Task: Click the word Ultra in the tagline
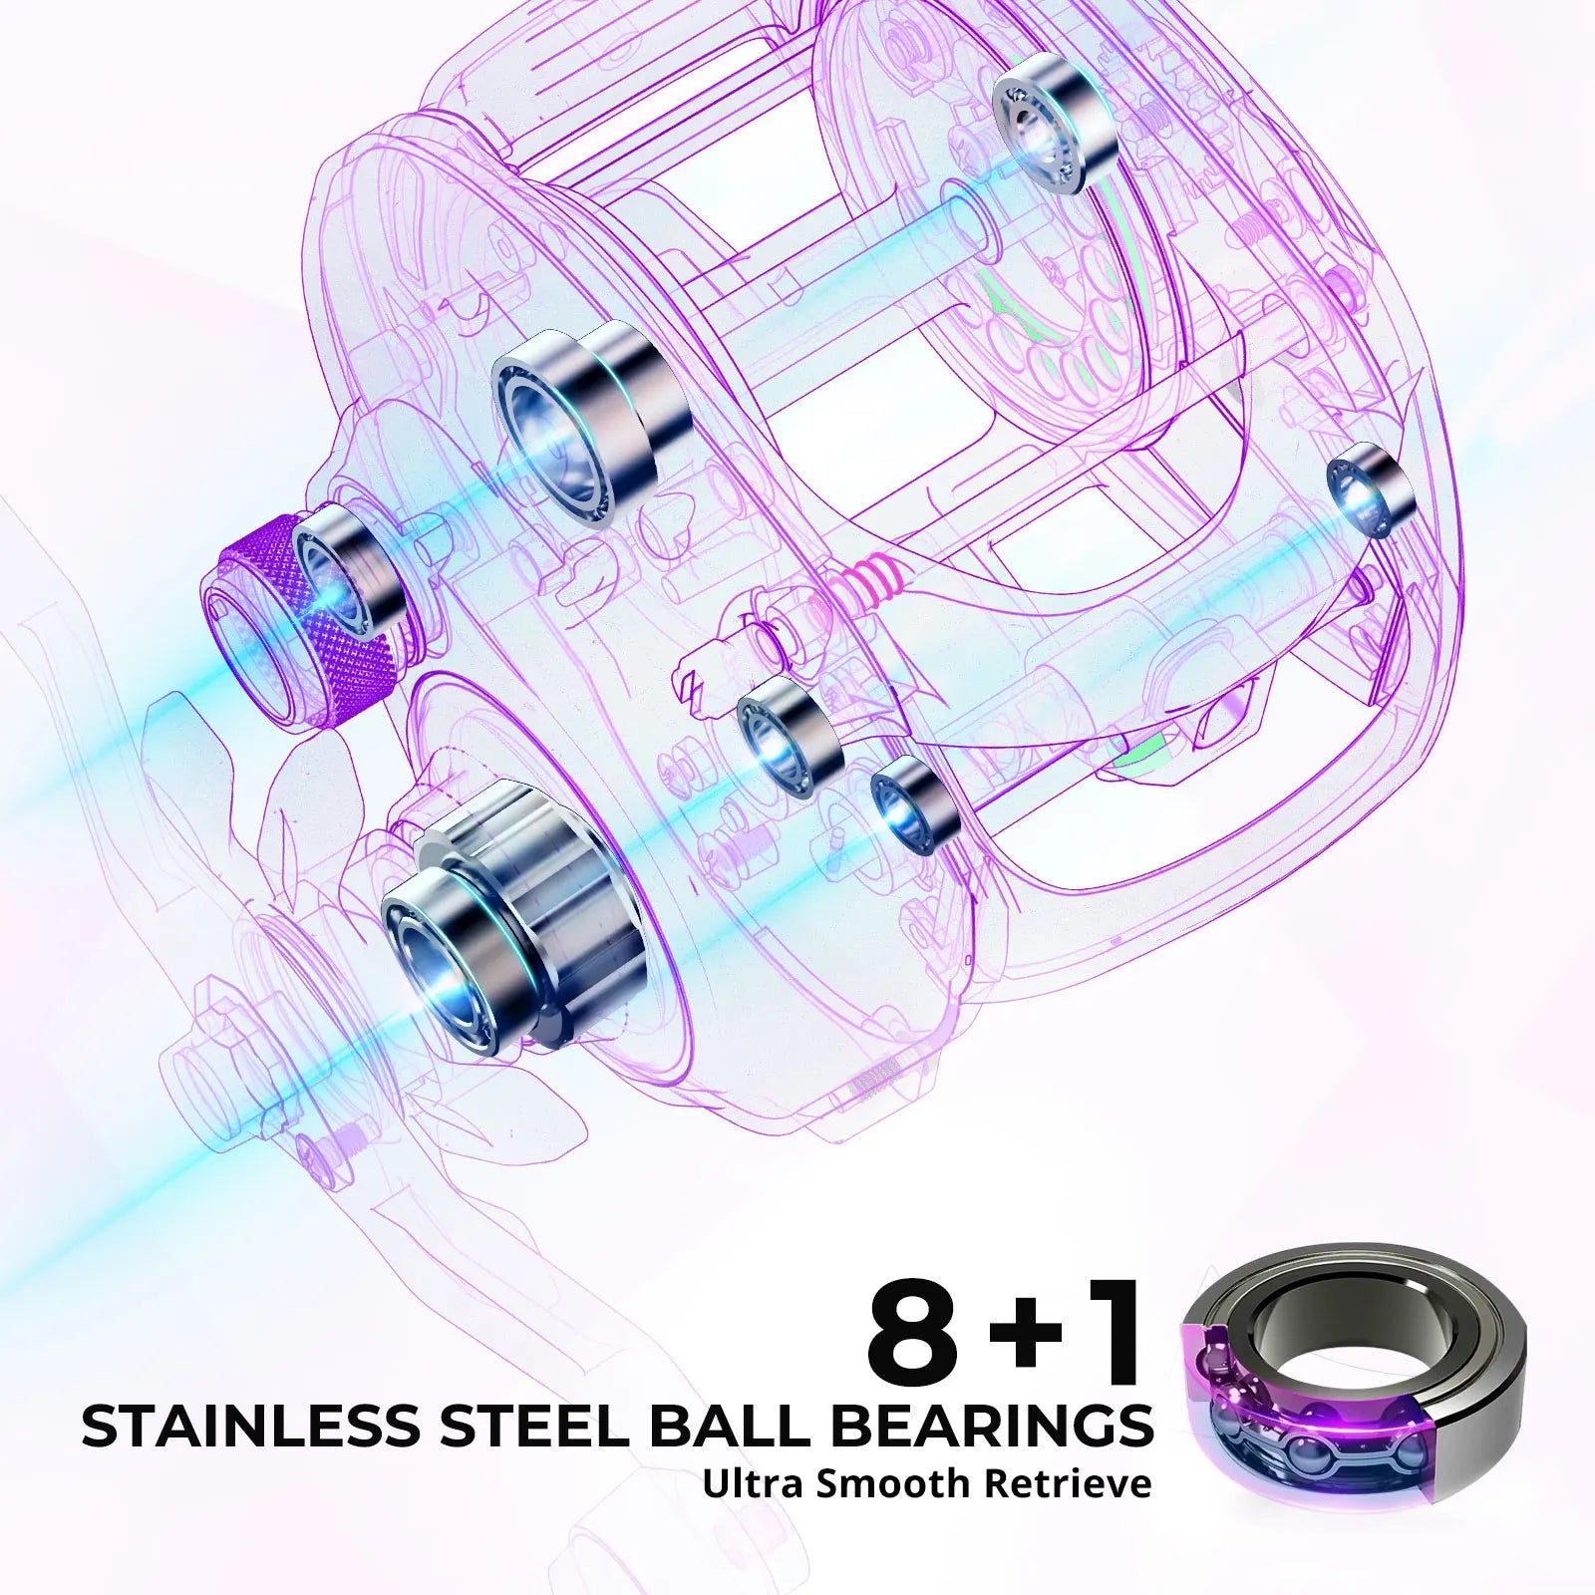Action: coord(754,1482)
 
